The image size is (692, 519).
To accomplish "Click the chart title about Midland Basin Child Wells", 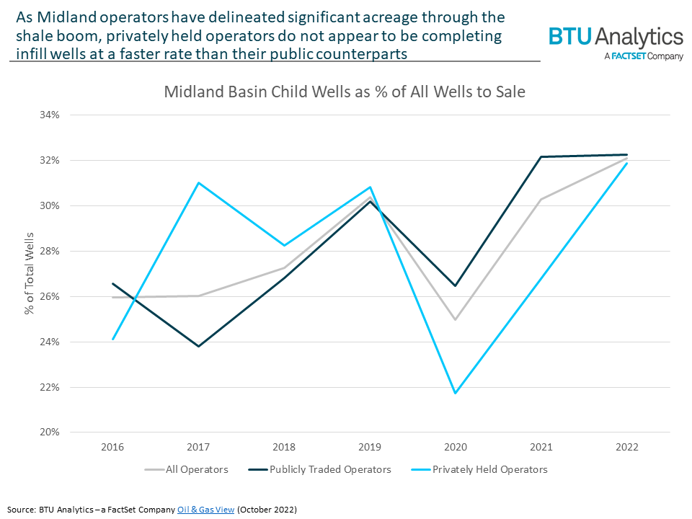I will [x=345, y=92].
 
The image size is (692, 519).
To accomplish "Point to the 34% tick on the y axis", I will [x=58, y=115].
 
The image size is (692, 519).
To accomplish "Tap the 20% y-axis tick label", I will [x=58, y=432].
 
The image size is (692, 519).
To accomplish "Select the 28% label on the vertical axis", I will [x=58, y=251].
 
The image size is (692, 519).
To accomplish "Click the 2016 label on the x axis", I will [x=113, y=447].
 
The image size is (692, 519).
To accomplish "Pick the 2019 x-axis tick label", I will [x=370, y=447].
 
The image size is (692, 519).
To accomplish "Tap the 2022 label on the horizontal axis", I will [x=627, y=447].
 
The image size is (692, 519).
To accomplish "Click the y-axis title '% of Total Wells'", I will [x=30, y=273].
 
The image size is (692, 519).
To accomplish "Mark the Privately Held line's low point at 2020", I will [x=456, y=393].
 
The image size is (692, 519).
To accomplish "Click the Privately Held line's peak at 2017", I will [x=198, y=182].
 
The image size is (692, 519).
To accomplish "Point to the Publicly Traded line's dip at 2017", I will [x=198, y=346].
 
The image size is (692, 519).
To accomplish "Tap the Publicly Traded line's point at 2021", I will [x=541, y=157].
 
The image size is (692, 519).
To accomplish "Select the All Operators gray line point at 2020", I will [x=456, y=319].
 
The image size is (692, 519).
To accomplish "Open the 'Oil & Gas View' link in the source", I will [x=206, y=510].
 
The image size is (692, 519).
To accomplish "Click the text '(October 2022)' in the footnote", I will [x=266, y=510].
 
